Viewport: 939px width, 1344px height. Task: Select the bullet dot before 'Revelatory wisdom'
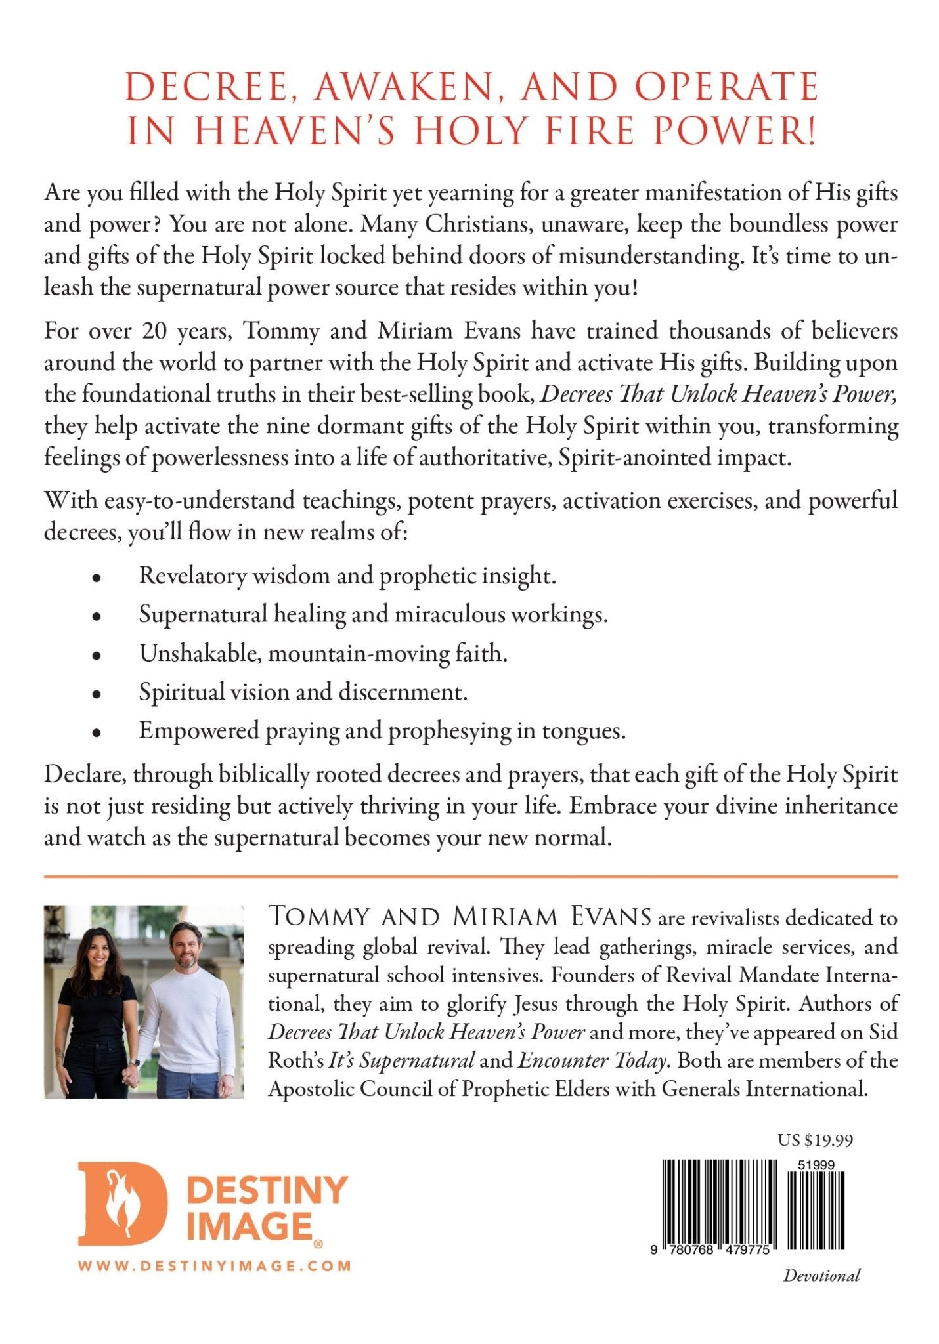click(x=97, y=578)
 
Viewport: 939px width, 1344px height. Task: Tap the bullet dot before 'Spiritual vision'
click(x=97, y=694)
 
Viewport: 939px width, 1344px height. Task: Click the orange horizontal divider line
click(x=470, y=876)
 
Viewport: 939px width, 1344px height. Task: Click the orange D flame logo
click(x=122, y=1204)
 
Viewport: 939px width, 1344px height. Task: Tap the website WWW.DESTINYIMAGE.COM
click(x=215, y=1266)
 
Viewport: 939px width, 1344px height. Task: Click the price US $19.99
click(x=815, y=1140)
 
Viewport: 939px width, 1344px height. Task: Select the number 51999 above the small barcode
click(x=816, y=1165)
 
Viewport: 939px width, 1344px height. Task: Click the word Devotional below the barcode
click(x=821, y=1275)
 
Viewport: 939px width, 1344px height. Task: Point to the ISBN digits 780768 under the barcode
click(x=688, y=1250)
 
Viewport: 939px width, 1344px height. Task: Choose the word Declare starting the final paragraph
click(x=85, y=775)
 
